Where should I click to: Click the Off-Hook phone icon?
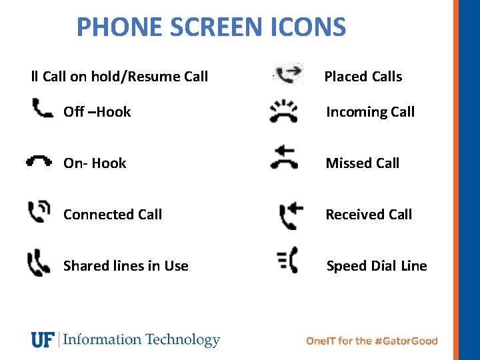[x=43, y=107]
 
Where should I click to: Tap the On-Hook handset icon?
[x=39, y=161]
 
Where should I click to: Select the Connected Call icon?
[x=39, y=213]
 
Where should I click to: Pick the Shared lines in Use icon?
[x=39, y=263]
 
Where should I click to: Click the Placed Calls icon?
[x=289, y=74]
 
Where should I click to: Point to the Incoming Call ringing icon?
[x=284, y=111]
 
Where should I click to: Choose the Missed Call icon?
[x=284, y=159]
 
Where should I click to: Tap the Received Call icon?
[x=291, y=215]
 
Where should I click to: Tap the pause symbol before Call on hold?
[x=35, y=77]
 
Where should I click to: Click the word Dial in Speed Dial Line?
[x=384, y=266]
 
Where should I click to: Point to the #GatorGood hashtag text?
[x=407, y=341]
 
